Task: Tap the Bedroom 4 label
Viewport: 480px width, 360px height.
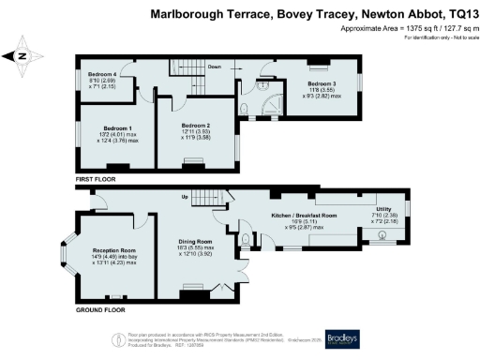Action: [102, 72]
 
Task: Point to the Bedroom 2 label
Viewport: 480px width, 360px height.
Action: [195, 125]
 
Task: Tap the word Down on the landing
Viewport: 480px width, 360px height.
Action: [215, 67]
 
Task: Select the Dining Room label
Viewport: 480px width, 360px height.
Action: [196, 241]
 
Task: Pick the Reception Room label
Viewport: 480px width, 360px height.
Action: [114, 250]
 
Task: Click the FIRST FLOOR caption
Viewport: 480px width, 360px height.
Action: [97, 177]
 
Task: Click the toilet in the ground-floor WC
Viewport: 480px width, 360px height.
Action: [245, 241]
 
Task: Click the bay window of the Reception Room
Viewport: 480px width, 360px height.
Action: [67, 252]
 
